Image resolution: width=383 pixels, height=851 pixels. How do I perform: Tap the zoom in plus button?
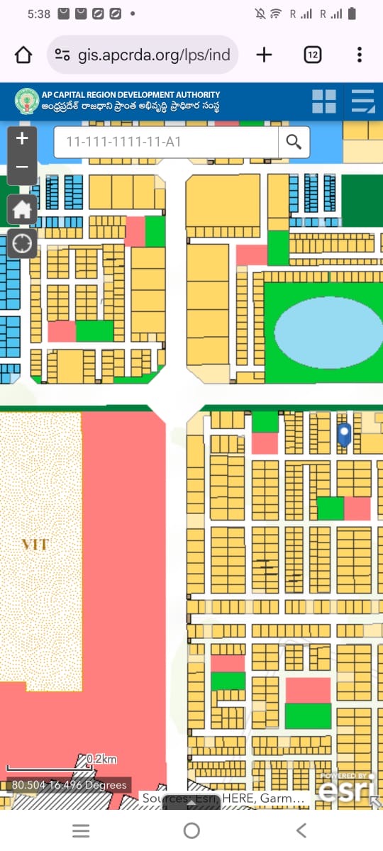(22, 138)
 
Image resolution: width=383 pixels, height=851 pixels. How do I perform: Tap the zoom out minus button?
(22, 167)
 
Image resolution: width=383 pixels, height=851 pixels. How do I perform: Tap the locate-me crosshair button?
(22, 244)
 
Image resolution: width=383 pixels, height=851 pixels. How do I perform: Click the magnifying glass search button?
(294, 142)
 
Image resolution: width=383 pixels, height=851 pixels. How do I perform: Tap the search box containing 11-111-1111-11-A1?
(165, 142)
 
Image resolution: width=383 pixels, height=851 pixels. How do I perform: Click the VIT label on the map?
(35, 545)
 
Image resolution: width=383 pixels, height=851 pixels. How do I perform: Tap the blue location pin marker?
(345, 434)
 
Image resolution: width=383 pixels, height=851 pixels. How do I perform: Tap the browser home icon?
(23, 55)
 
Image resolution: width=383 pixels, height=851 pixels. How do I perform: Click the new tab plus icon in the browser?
(264, 55)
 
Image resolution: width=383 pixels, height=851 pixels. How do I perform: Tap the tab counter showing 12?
(312, 55)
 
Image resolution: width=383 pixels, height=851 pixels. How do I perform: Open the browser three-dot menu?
(360, 55)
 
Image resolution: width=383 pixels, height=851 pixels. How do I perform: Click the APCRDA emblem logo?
(26, 101)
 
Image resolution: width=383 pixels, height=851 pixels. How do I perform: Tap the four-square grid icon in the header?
(324, 101)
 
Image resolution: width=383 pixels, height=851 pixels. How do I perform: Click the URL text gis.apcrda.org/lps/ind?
(154, 55)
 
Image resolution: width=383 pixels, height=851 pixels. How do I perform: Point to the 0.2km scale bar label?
(101, 760)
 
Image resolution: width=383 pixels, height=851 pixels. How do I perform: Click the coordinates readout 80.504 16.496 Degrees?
(70, 785)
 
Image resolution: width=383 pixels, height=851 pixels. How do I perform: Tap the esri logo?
(348, 787)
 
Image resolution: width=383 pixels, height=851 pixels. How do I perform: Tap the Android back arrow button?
(301, 830)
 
